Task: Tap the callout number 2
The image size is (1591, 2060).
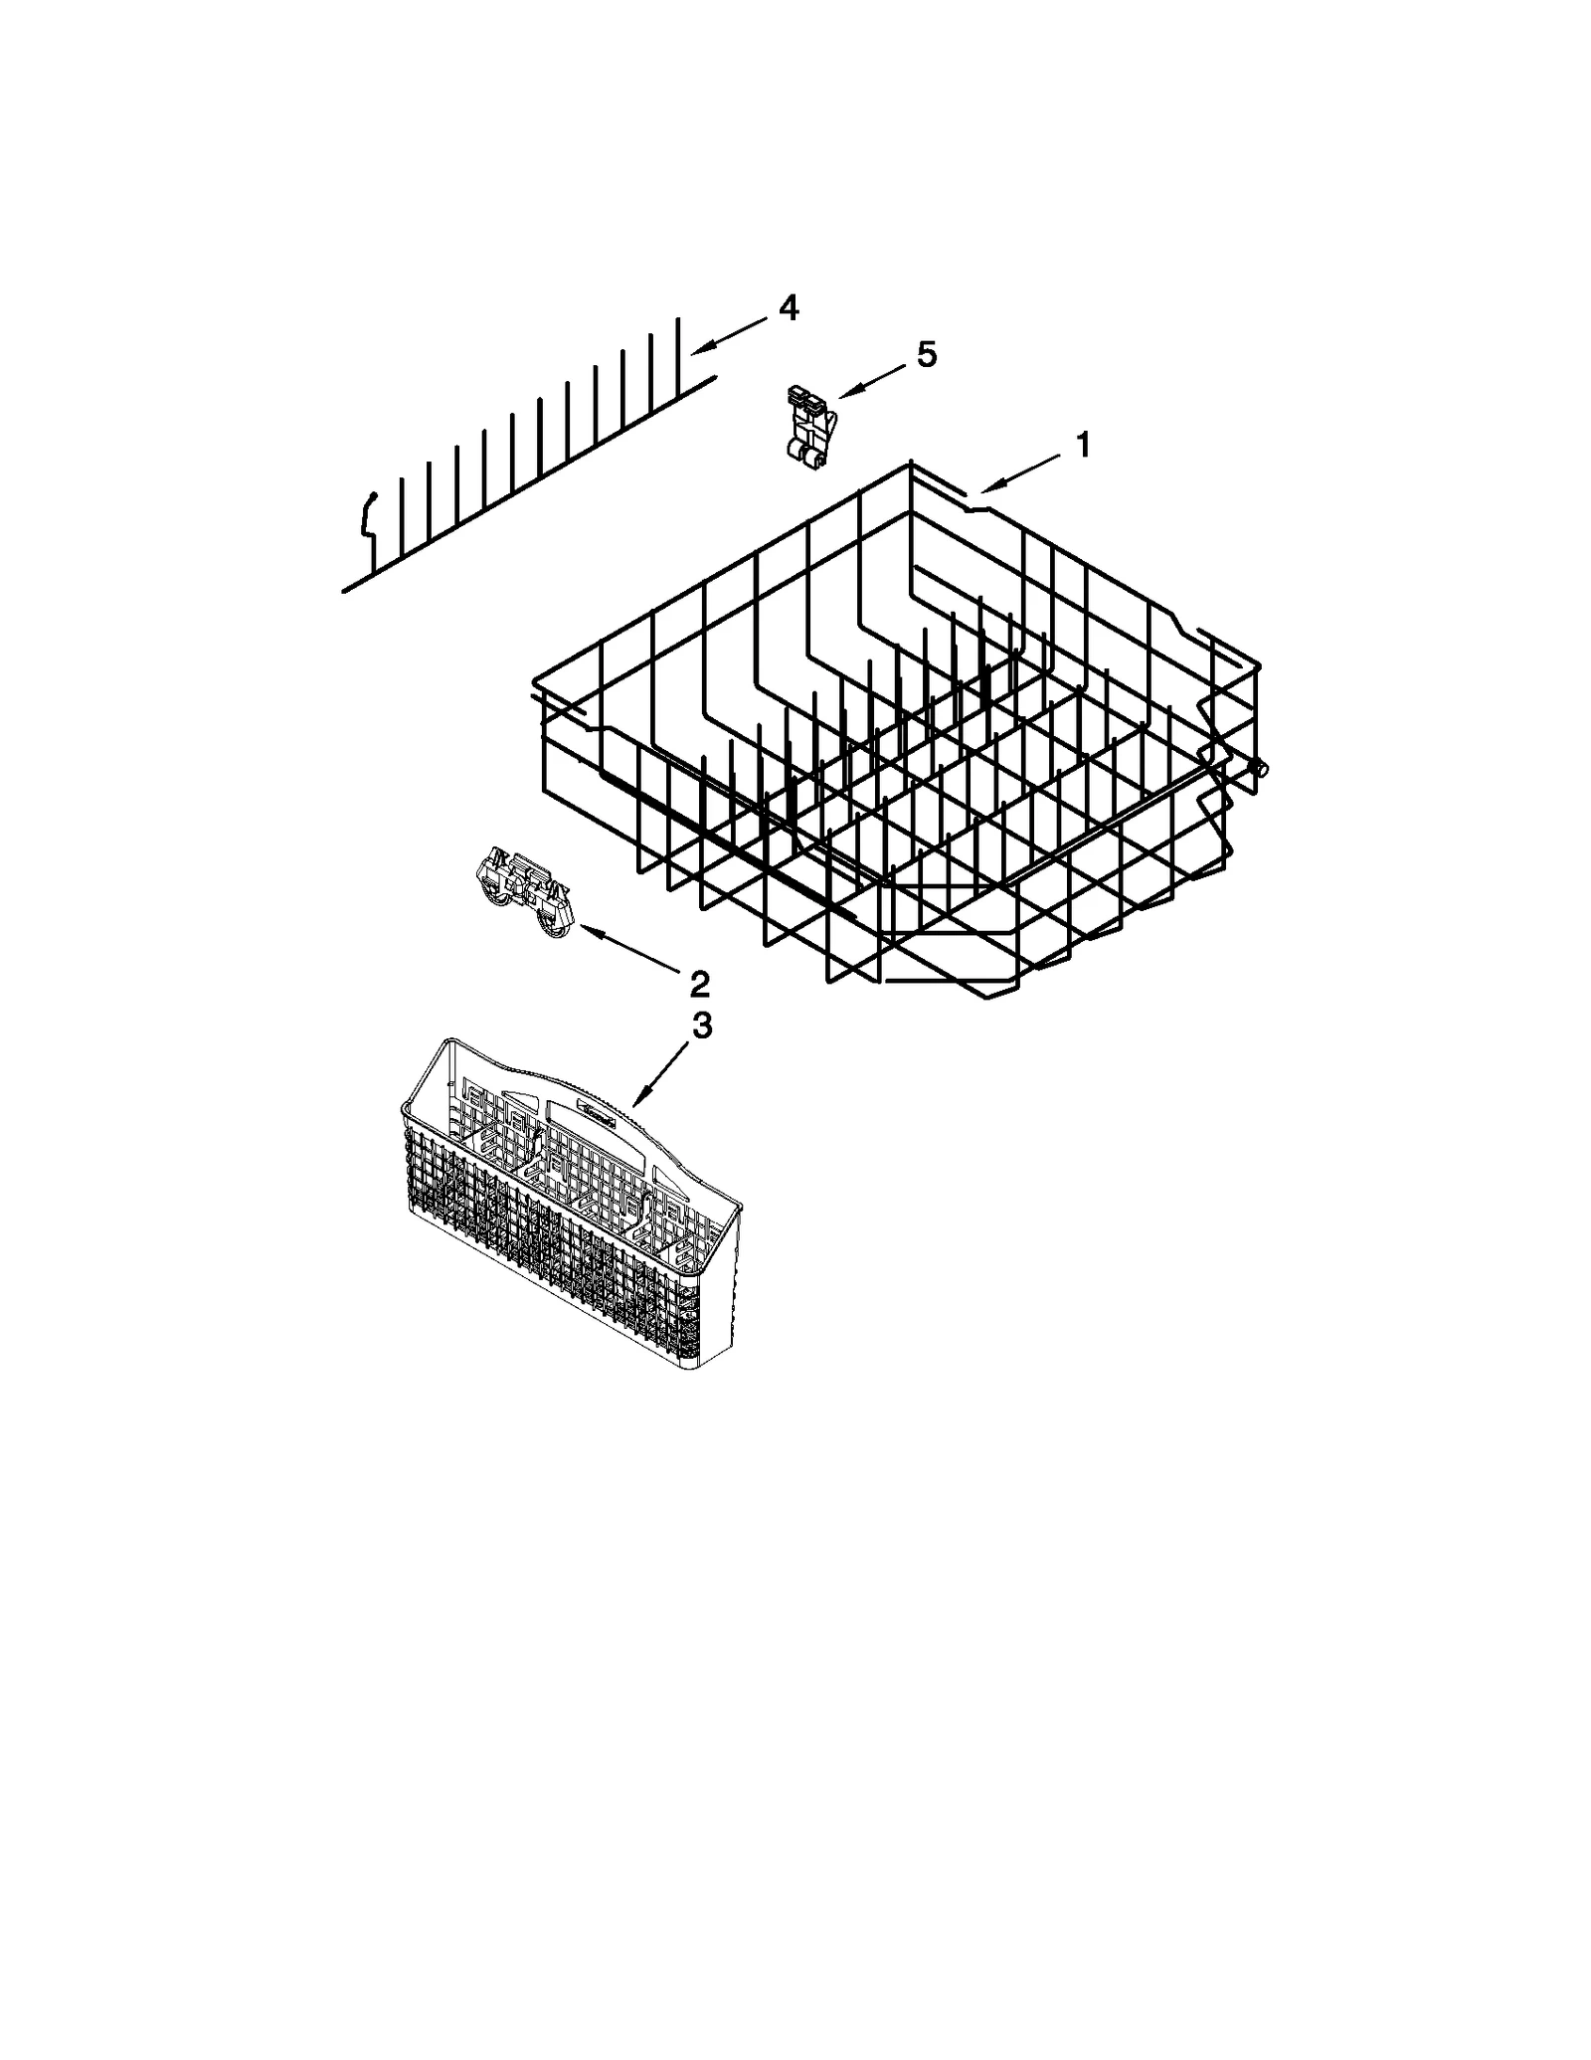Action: (x=699, y=984)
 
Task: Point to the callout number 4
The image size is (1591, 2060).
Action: (x=788, y=308)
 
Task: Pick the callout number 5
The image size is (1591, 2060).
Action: (x=926, y=354)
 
